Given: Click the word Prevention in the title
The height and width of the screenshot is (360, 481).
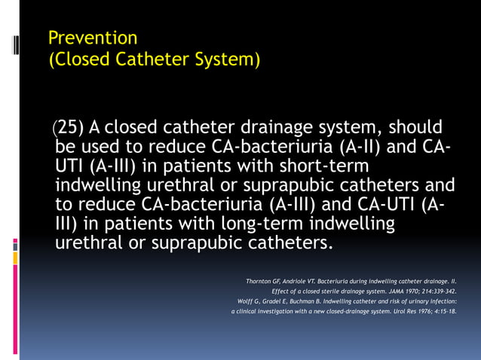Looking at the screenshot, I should [x=93, y=38].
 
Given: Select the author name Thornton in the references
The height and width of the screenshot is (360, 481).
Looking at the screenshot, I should [x=261, y=281].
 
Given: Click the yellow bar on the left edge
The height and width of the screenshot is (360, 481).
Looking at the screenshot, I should [x=14, y=258].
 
